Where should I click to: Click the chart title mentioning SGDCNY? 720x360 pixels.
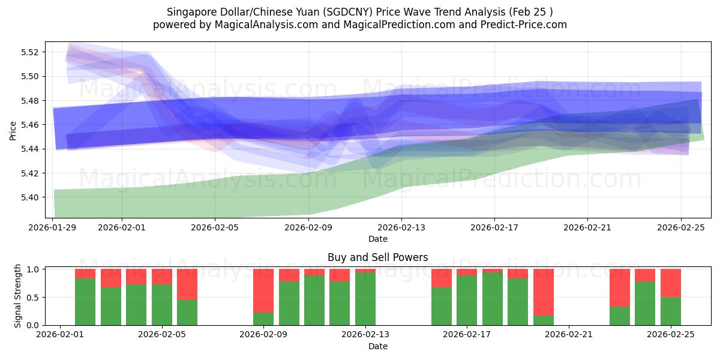coord(360,11)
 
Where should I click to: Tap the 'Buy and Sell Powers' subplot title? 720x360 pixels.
coord(378,257)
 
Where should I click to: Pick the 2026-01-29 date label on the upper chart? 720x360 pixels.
coord(53,227)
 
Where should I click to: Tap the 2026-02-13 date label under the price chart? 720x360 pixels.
coord(401,227)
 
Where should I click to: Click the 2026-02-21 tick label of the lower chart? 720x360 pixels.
coord(568,335)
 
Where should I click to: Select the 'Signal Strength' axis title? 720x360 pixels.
coord(18,296)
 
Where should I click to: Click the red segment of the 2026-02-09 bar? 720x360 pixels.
coord(263,290)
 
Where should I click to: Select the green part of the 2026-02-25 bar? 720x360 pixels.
coord(671,311)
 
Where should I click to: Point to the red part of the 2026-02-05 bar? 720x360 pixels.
coord(187,284)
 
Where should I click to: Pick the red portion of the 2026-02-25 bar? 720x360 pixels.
coord(671,283)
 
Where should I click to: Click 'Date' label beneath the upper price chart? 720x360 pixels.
coord(378,239)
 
